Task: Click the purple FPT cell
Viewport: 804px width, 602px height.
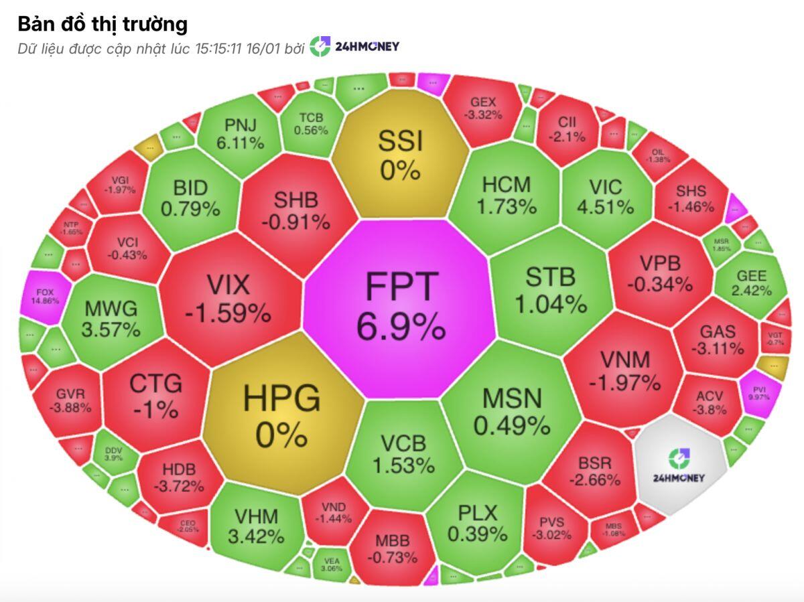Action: [x=401, y=307]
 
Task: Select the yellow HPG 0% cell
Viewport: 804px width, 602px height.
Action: [x=281, y=415]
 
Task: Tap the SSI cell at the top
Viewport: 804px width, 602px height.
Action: [x=400, y=154]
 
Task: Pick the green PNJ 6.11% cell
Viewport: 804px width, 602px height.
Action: [x=240, y=133]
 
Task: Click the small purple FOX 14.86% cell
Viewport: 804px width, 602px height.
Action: [x=45, y=296]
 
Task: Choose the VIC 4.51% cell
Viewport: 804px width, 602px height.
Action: [x=606, y=196]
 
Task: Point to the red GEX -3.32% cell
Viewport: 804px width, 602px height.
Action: [x=483, y=108]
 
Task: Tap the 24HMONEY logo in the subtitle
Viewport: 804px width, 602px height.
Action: [x=355, y=46]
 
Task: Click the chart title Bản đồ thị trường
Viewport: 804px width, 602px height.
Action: [x=103, y=24]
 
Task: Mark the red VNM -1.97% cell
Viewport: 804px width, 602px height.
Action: [x=624, y=370]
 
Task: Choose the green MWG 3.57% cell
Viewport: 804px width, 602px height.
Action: [x=111, y=318]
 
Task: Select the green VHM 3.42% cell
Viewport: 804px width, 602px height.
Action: [x=256, y=525]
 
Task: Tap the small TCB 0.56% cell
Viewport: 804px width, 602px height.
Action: [x=311, y=124]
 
